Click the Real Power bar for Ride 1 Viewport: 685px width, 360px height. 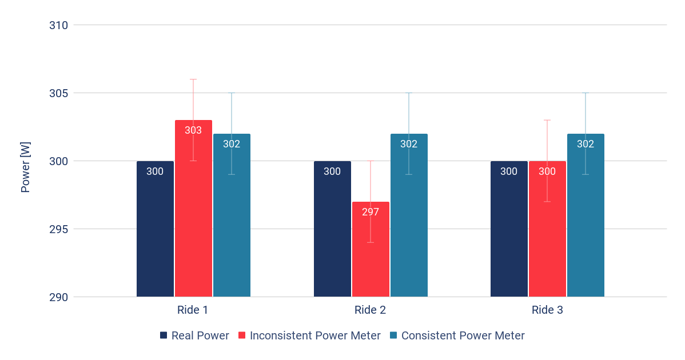(155, 229)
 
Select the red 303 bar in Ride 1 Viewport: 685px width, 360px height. (193, 217)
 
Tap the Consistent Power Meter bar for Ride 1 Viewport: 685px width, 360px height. (232, 223)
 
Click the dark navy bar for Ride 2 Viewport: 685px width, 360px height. (332, 229)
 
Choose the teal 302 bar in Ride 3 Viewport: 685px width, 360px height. (586, 223)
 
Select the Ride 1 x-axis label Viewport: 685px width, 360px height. (193, 310)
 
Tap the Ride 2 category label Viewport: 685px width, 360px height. (370, 310)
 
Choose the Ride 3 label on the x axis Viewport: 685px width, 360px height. (547, 310)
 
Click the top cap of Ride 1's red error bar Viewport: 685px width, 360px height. (193, 79)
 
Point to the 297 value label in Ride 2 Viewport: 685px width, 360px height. (371, 212)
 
